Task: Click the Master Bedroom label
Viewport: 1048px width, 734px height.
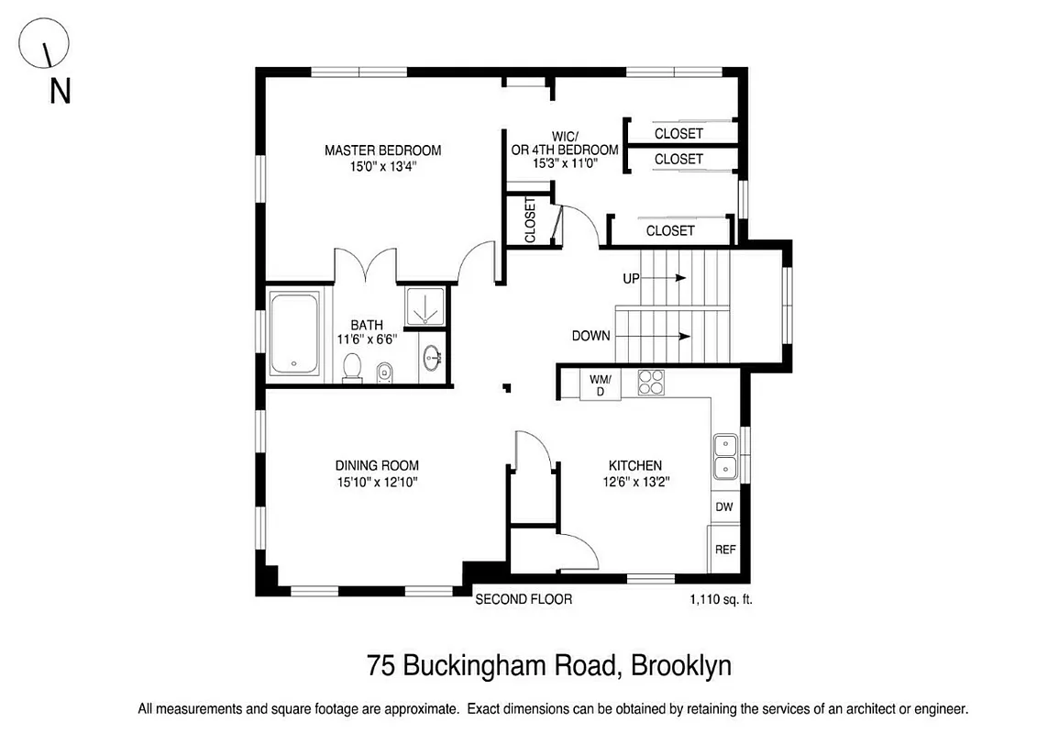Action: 382,150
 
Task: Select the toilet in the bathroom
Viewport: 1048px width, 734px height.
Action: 350,367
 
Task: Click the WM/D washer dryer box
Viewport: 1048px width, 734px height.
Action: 600,384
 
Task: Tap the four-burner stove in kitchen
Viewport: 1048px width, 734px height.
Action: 651,381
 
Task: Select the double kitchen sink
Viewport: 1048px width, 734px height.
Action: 725,457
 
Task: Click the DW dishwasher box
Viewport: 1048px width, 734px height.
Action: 724,506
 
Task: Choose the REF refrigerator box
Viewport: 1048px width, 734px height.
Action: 724,550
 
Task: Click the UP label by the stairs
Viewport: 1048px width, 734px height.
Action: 631,278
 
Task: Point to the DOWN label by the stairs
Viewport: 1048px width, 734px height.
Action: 590,336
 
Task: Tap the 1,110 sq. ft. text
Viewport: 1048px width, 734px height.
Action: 721,600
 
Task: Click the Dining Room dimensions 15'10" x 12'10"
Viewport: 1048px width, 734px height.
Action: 377,482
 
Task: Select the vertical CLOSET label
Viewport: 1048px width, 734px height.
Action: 530,220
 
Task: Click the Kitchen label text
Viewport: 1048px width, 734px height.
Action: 631,466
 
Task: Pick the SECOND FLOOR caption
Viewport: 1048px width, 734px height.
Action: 523,599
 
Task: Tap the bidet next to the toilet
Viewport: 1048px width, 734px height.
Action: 384,372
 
